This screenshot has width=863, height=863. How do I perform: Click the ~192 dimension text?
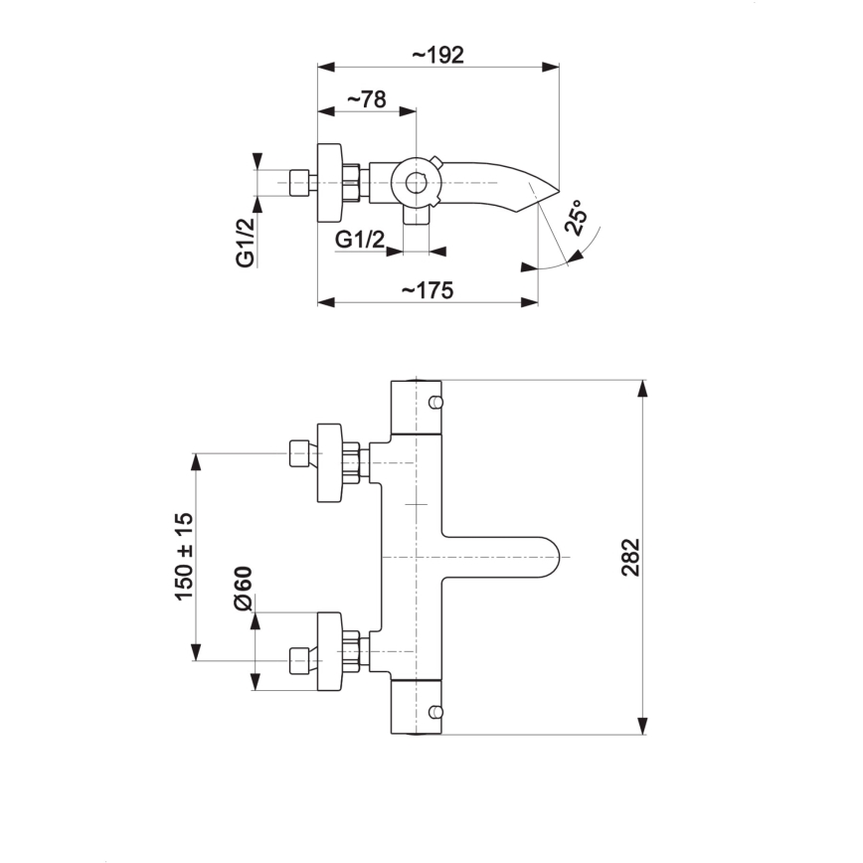tap(437, 55)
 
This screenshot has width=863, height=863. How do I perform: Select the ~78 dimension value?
tap(365, 99)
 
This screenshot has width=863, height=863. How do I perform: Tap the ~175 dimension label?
tap(428, 290)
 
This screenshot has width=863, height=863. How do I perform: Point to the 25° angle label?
tap(576, 218)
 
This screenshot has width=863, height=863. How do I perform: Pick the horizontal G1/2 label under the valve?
tap(360, 239)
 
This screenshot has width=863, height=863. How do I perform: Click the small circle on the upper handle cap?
tap(434, 402)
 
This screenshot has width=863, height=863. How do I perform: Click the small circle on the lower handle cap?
tap(434, 712)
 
